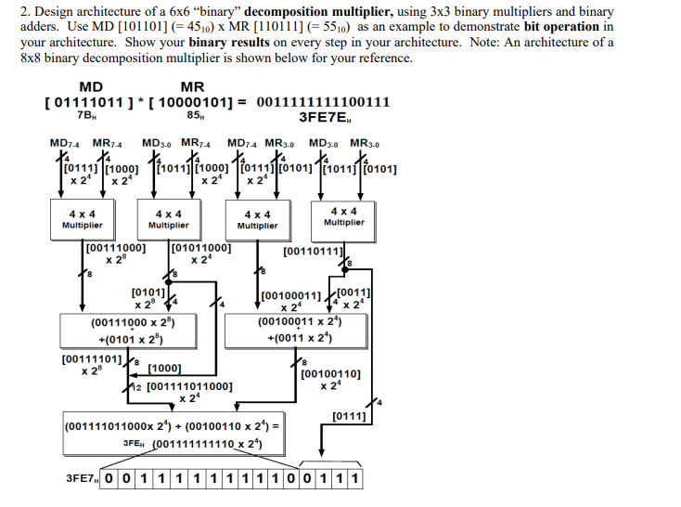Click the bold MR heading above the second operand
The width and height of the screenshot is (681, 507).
pos(192,86)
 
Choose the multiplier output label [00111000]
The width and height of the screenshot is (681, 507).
pos(116,249)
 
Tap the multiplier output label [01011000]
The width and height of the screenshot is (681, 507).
pos(202,249)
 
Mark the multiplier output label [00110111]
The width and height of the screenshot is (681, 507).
pos(315,251)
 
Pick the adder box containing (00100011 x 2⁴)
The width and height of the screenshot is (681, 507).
pos(299,329)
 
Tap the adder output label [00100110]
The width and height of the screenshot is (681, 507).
pos(338,375)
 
